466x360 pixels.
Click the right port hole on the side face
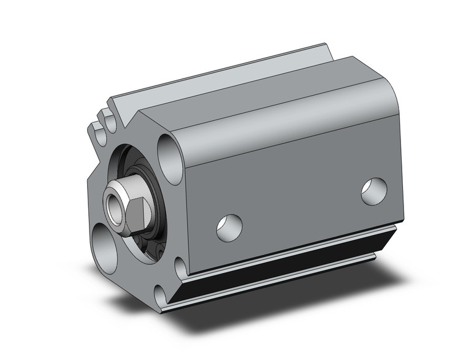(373, 191)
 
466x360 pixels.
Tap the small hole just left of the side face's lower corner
(180, 267)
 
